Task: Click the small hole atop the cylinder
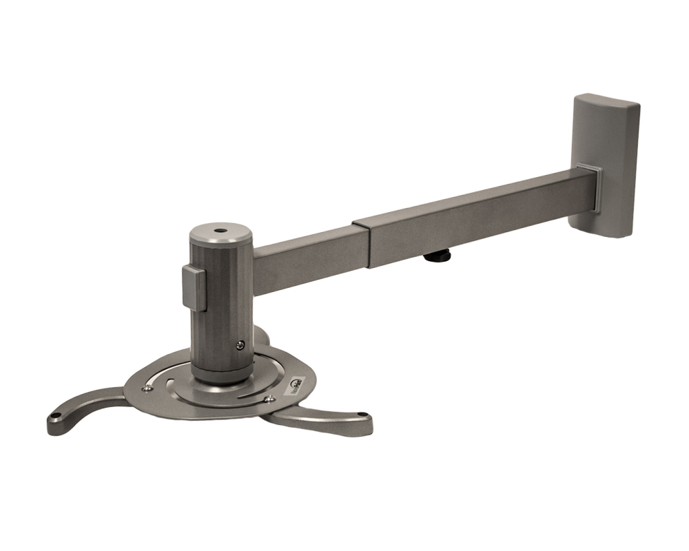point(220,232)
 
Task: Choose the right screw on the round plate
point(269,399)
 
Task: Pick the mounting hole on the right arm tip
point(363,415)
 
